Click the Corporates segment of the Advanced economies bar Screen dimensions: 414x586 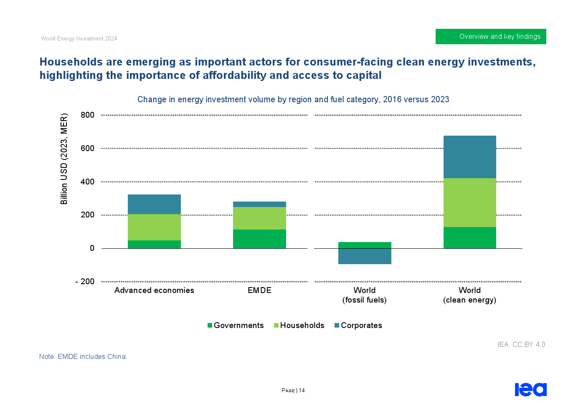(154, 204)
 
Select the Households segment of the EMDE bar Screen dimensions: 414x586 (259, 218)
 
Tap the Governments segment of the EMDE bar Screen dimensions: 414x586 (259, 239)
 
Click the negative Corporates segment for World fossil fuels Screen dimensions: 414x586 (365, 256)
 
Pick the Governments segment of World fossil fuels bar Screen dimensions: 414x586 (365, 245)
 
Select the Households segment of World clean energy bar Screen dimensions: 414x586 (469, 202)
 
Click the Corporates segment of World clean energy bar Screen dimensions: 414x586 (469, 157)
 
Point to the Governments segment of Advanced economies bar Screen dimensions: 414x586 (154, 244)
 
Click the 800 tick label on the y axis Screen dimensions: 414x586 (88, 115)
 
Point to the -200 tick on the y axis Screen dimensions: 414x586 (85, 282)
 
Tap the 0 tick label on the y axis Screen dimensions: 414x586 (92, 248)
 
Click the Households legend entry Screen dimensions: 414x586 (299, 326)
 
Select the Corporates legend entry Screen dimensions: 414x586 (358, 326)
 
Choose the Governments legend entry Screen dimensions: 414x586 (236, 326)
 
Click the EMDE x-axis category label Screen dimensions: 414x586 (259, 290)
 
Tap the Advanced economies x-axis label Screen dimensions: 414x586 (154, 290)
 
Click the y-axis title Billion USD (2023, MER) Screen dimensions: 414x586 (64, 159)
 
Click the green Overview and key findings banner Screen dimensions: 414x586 (491, 37)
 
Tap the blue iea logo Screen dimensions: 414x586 (530, 389)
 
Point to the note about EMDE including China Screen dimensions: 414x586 (84, 357)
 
